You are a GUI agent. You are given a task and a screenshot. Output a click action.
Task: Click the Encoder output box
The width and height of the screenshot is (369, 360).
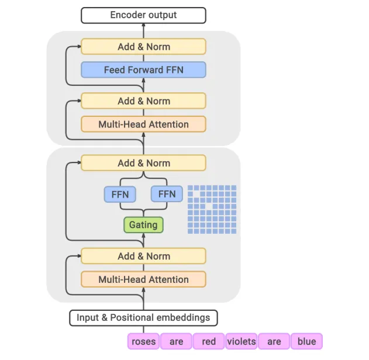[x=143, y=15]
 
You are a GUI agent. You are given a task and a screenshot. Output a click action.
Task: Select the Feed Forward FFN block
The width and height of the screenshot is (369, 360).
[x=143, y=70]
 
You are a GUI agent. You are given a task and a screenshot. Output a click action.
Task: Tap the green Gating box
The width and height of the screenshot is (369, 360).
[x=143, y=225]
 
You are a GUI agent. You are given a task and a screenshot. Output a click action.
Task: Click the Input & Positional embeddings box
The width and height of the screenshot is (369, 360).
[x=143, y=318]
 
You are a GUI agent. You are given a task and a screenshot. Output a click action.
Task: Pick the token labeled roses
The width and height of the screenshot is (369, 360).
[x=143, y=341]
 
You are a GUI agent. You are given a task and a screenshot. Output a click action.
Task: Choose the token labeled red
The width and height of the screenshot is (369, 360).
[x=209, y=341]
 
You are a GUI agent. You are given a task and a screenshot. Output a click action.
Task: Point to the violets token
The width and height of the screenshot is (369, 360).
[x=242, y=341]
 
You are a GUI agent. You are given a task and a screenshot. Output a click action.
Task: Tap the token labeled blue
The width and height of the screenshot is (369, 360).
[x=306, y=341]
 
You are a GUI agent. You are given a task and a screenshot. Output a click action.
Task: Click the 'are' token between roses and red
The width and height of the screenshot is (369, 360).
[x=176, y=341]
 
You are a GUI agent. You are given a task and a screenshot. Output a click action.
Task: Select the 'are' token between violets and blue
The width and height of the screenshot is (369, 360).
[x=274, y=341]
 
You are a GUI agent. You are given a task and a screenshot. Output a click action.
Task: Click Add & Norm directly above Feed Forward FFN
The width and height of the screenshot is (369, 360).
[x=143, y=46]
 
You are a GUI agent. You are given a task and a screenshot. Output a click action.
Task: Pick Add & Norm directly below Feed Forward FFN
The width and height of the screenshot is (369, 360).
[x=143, y=101]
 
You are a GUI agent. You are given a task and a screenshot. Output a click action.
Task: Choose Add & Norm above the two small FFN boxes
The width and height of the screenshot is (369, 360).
[x=143, y=163]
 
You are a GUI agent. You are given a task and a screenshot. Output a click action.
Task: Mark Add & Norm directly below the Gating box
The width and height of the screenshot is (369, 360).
[x=143, y=256]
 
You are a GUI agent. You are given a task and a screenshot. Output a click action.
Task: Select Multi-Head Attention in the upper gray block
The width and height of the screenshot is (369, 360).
[x=143, y=124]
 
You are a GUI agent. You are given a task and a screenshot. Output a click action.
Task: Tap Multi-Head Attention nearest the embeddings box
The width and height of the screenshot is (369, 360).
[x=143, y=279]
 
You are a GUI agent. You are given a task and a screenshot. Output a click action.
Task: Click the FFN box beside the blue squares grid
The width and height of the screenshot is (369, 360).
[x=167, y=194]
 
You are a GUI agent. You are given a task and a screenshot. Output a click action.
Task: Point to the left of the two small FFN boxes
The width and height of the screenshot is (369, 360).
[x=120, y=194]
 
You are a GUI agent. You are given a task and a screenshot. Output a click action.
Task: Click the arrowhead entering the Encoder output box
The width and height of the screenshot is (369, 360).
[x=143, y=26]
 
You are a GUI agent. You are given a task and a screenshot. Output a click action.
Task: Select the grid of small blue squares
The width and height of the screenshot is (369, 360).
[x=212, y=209]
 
